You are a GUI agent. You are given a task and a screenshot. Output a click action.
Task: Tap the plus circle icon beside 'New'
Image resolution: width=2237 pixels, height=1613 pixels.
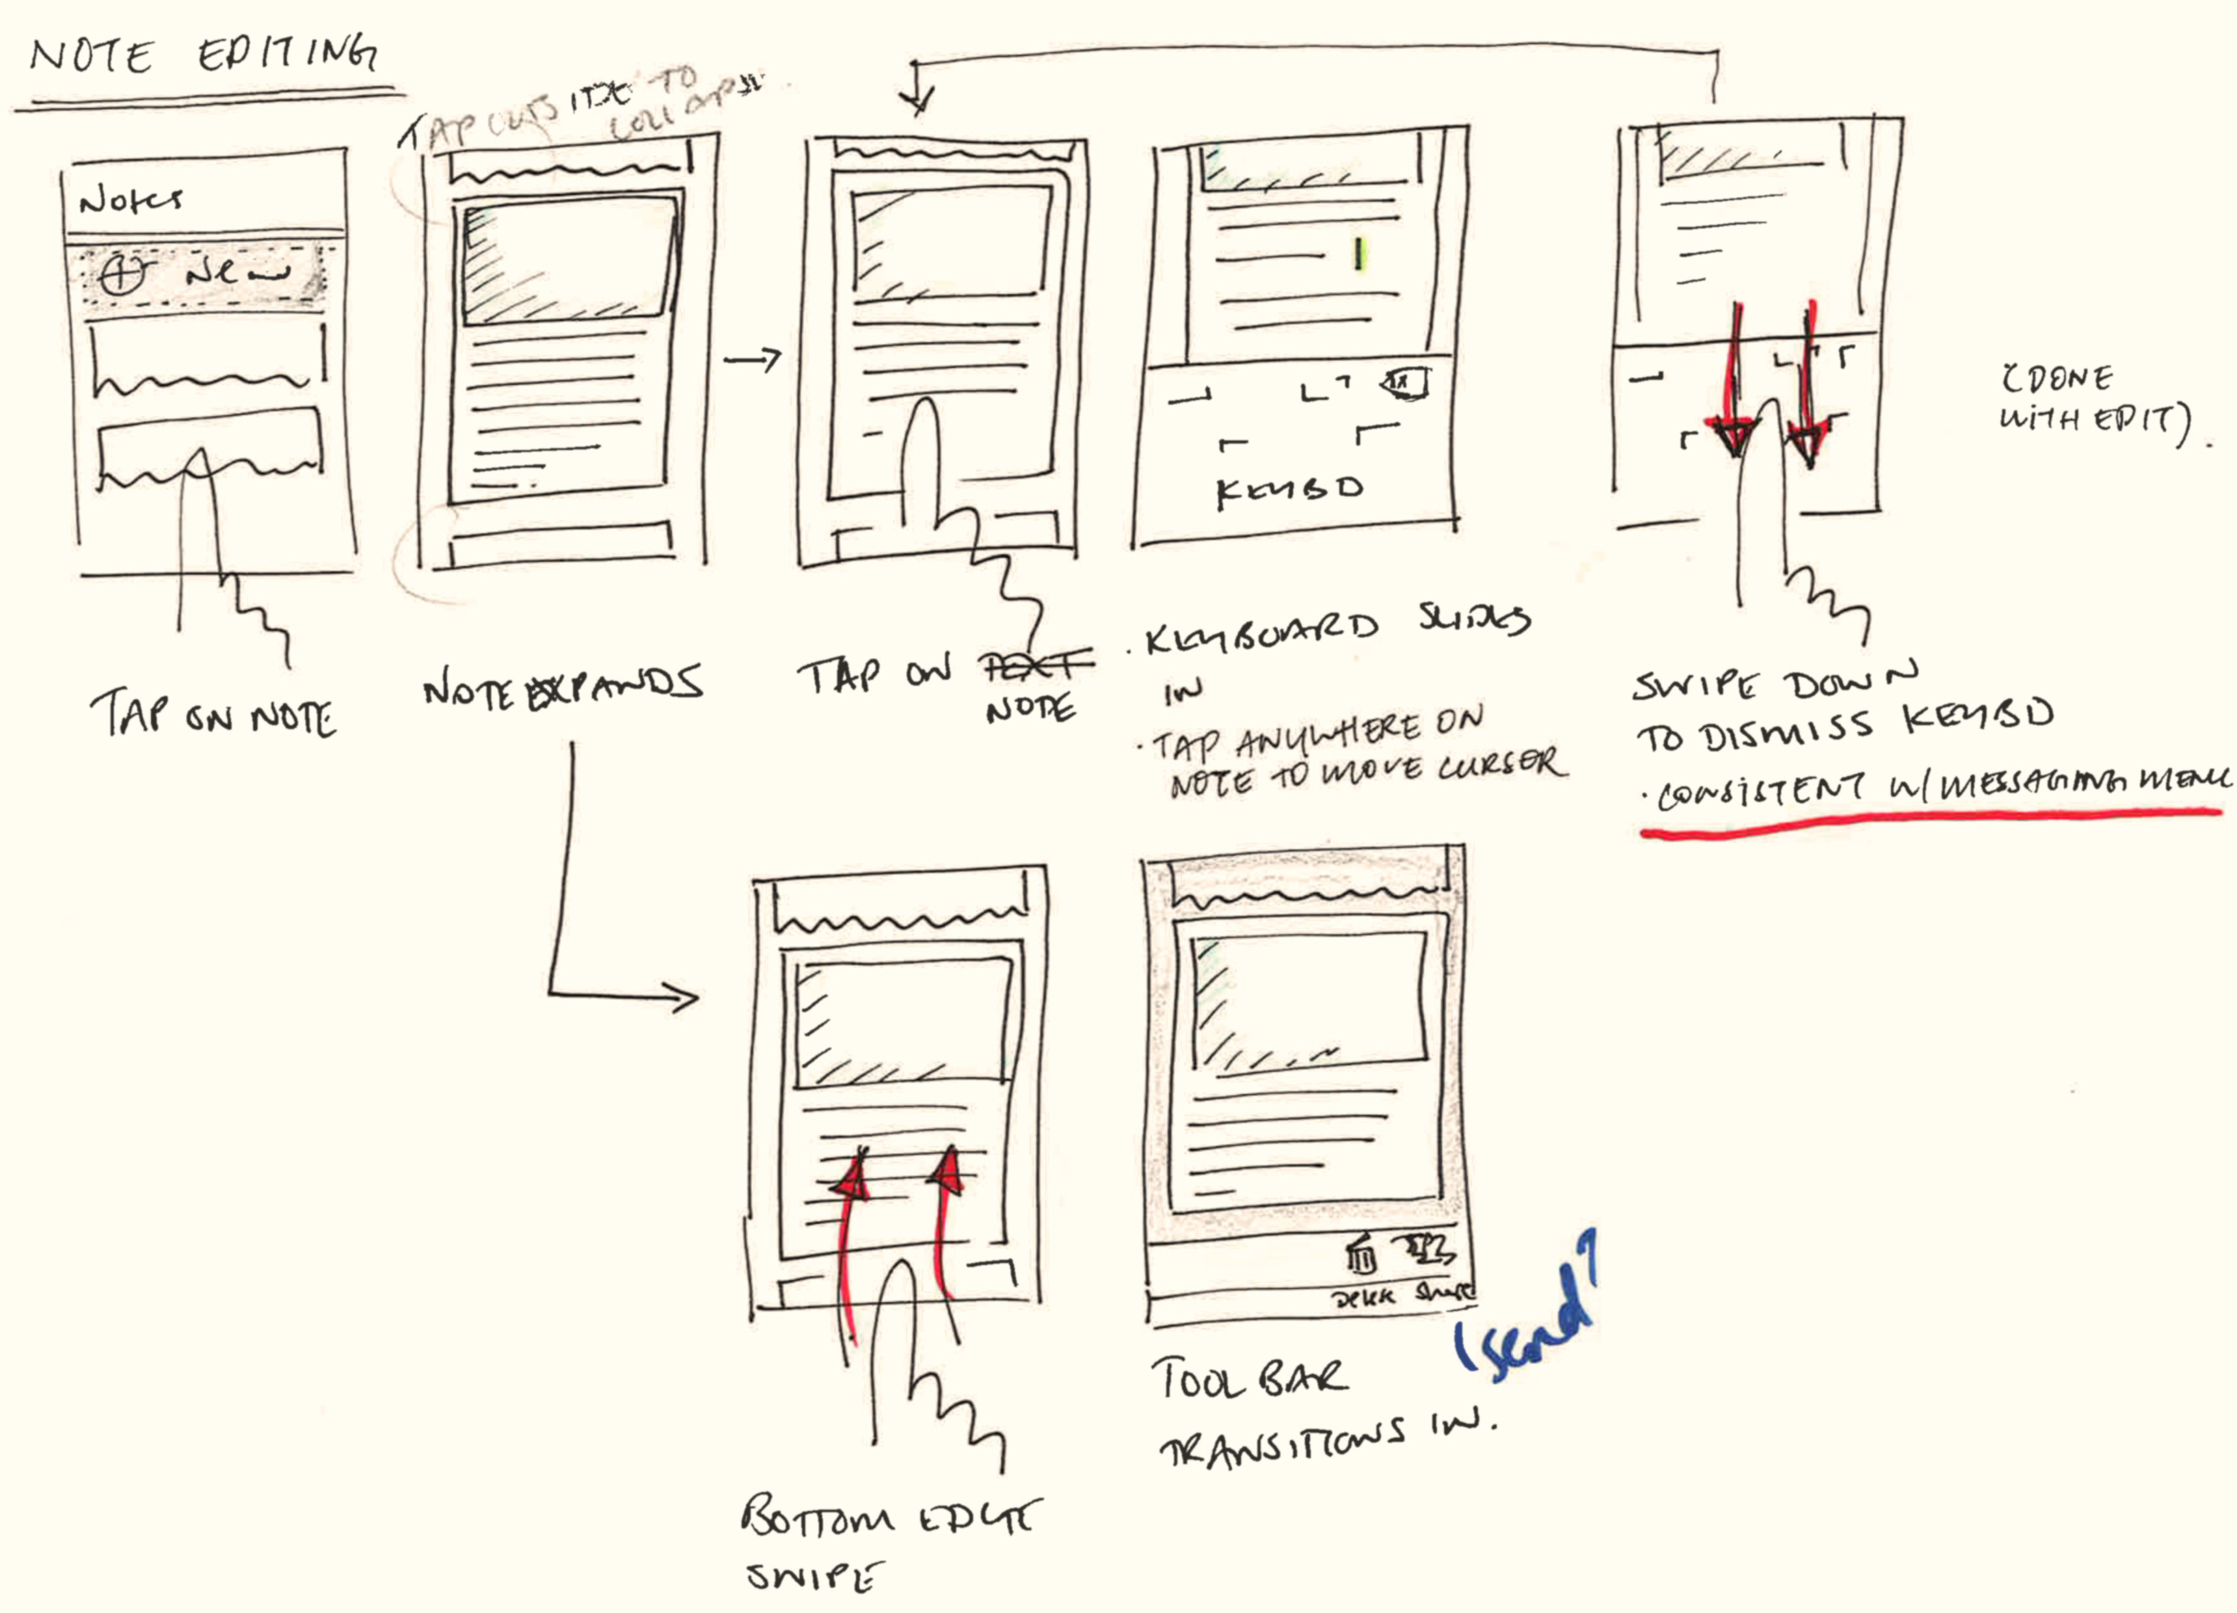122,272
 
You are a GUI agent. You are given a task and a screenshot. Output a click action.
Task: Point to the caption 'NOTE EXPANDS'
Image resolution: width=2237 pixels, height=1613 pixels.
562,687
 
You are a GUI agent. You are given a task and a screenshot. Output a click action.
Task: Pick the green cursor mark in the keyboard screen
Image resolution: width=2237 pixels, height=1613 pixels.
1358,254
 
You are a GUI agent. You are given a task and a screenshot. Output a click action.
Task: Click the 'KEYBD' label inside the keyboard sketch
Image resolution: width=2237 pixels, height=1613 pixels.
1290,490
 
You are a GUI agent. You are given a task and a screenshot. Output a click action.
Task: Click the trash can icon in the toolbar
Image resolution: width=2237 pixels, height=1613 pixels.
1361,1257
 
